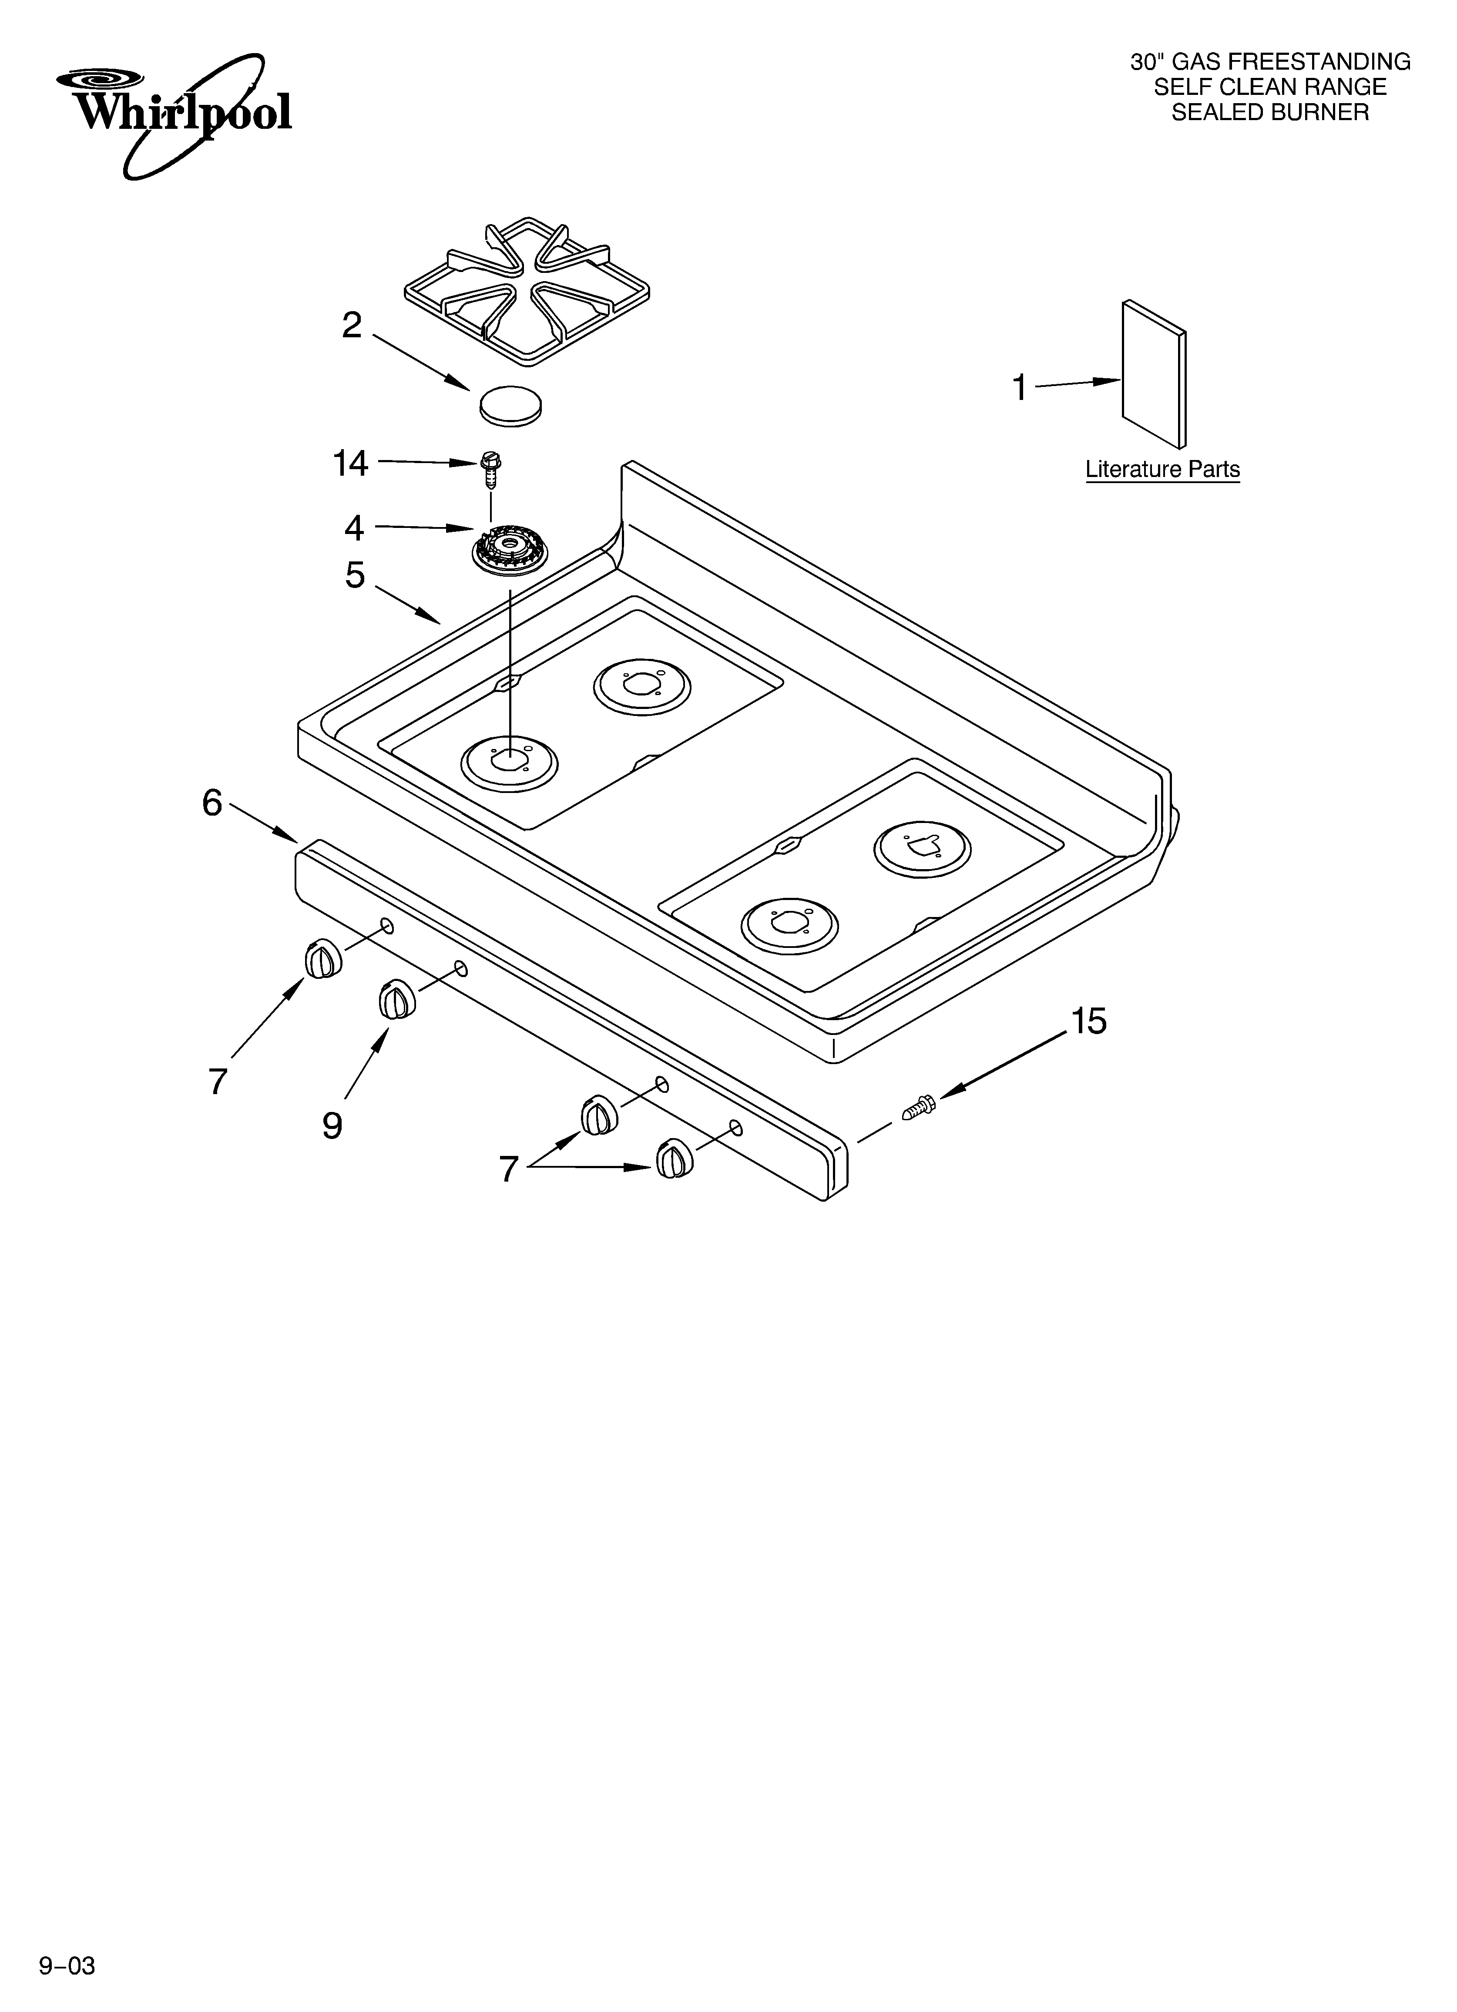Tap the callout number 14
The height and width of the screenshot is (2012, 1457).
tap(350, 463)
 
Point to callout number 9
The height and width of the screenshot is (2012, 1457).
tap(332, 1126)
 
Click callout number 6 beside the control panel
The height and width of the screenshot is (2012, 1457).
tap(212, 803)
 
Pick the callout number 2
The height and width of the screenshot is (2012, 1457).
tap(352, 326)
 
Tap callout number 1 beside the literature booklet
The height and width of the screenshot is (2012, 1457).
tap(1021, 388)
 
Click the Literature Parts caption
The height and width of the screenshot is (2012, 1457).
tap(1162, 469)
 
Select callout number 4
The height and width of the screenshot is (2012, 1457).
tap(354, 528)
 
